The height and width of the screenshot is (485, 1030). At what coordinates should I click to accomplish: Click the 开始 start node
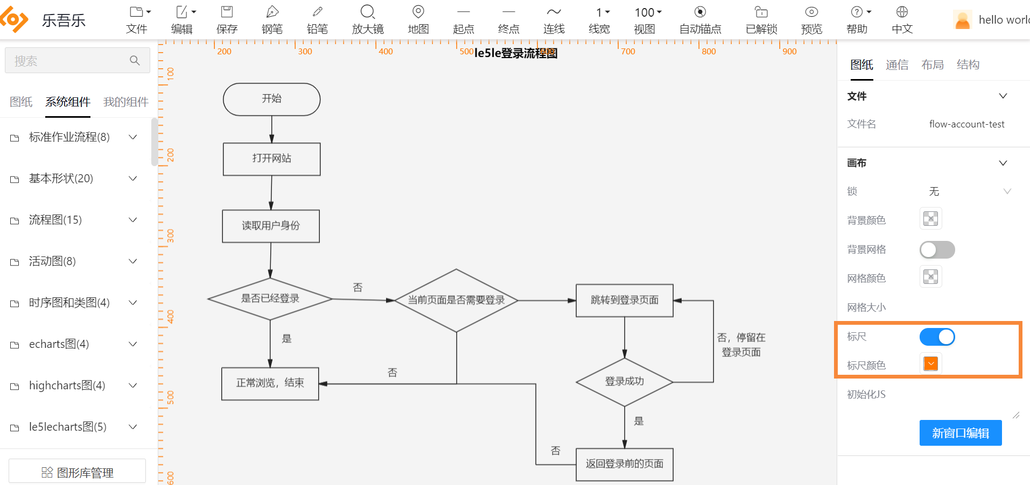pos(271,99)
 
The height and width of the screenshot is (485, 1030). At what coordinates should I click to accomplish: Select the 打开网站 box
pos(271,159)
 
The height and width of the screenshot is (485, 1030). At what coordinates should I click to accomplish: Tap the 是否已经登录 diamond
pos(270,298)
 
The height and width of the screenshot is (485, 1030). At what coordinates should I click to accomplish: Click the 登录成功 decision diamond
pos(624,382)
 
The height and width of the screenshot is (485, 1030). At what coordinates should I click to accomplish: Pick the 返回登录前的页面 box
pos(624,464)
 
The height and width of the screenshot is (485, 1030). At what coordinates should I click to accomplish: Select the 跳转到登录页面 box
pos(624,300)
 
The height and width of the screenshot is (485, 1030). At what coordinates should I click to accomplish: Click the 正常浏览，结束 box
pos(270,383)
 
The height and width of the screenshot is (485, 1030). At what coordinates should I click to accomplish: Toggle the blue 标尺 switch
pos(937,337)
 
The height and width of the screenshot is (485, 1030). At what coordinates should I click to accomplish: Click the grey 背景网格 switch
pos(937,249)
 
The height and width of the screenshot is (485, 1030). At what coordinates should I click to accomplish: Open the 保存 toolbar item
pos(227,20)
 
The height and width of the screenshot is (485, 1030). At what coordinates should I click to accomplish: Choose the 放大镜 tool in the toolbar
pos(368,20)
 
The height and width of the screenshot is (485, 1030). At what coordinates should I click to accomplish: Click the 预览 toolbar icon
pos(811,20)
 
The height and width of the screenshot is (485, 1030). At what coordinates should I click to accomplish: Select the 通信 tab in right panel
pos(896,65)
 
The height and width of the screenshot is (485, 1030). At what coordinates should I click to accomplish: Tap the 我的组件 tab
pos(125,102)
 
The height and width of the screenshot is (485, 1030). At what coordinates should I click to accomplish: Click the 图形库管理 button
pos(78,472)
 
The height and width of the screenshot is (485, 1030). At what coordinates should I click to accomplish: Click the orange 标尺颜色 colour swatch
pos(930,364)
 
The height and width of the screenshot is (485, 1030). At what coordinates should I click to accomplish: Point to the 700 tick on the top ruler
pos(628,52)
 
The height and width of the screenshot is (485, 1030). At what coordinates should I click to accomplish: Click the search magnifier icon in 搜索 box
pos(135,61)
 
